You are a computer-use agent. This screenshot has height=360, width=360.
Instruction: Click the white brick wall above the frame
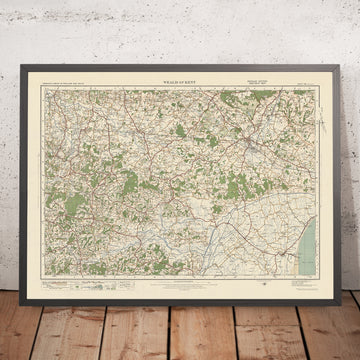coord(180,30)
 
